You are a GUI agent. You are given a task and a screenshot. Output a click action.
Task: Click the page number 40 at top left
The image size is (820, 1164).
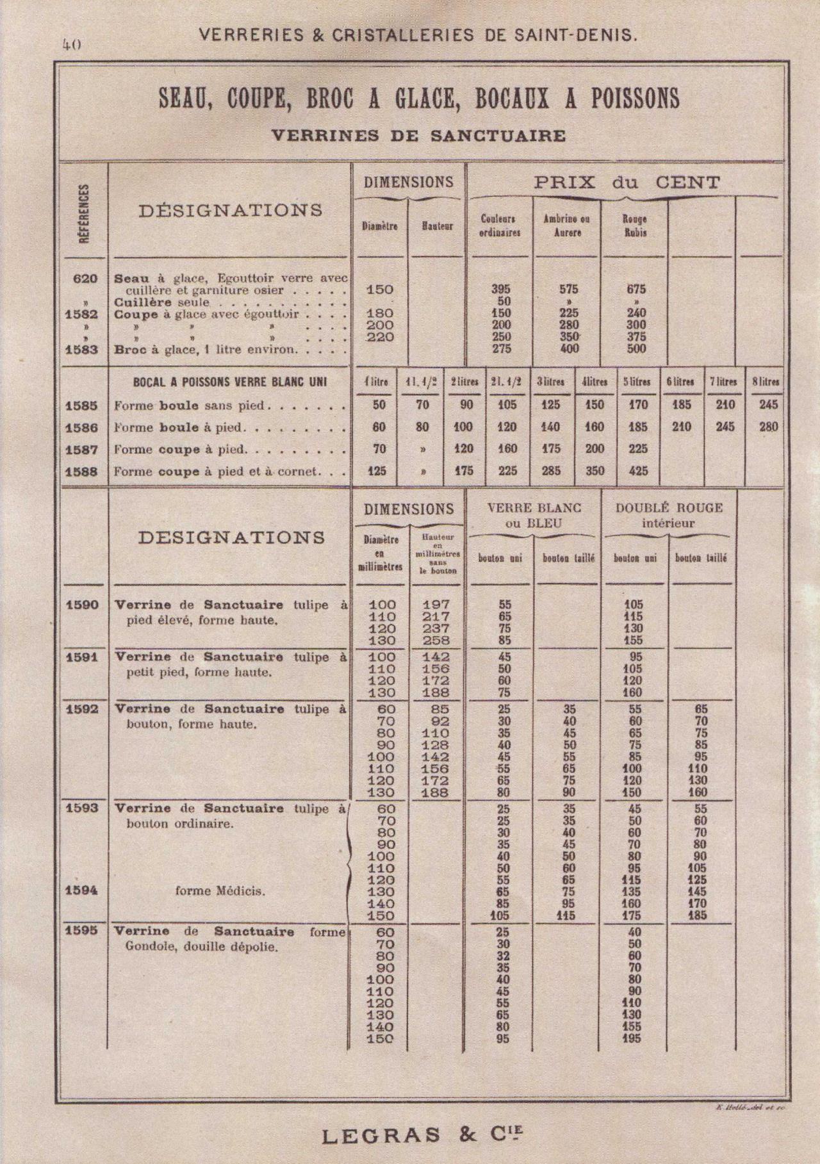tap(70, 44)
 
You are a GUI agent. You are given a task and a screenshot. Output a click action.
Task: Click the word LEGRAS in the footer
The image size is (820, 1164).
tap(381, 1136)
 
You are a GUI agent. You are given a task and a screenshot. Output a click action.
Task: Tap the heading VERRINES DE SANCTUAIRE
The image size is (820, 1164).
tap(418, 135)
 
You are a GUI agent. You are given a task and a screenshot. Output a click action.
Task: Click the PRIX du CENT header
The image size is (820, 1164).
tap(627, 183)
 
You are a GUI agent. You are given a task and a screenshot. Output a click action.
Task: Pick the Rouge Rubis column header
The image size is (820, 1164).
tap(634, 225)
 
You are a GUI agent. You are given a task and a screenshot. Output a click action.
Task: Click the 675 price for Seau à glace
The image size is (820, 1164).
tap(636, 290)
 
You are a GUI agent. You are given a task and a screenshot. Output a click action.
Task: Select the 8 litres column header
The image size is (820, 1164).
tap(766, 382)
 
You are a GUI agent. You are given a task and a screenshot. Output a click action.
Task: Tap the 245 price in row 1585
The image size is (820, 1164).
tap(767, 405)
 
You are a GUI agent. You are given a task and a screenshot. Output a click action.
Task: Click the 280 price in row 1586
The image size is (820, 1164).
tap(767, 427)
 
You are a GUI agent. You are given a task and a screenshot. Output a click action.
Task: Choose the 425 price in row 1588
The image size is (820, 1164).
tap(638, 471)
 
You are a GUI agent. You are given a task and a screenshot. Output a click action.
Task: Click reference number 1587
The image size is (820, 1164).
tap(81, 450)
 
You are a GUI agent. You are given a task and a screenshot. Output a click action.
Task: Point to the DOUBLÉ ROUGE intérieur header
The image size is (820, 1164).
tap(669, 515)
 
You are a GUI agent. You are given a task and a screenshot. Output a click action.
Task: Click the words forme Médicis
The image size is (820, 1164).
tap(220, 890)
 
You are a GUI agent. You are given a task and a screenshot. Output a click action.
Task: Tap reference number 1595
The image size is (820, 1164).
tap(81, 931)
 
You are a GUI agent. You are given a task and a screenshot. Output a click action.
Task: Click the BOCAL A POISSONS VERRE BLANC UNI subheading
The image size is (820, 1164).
tap(230, 382)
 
